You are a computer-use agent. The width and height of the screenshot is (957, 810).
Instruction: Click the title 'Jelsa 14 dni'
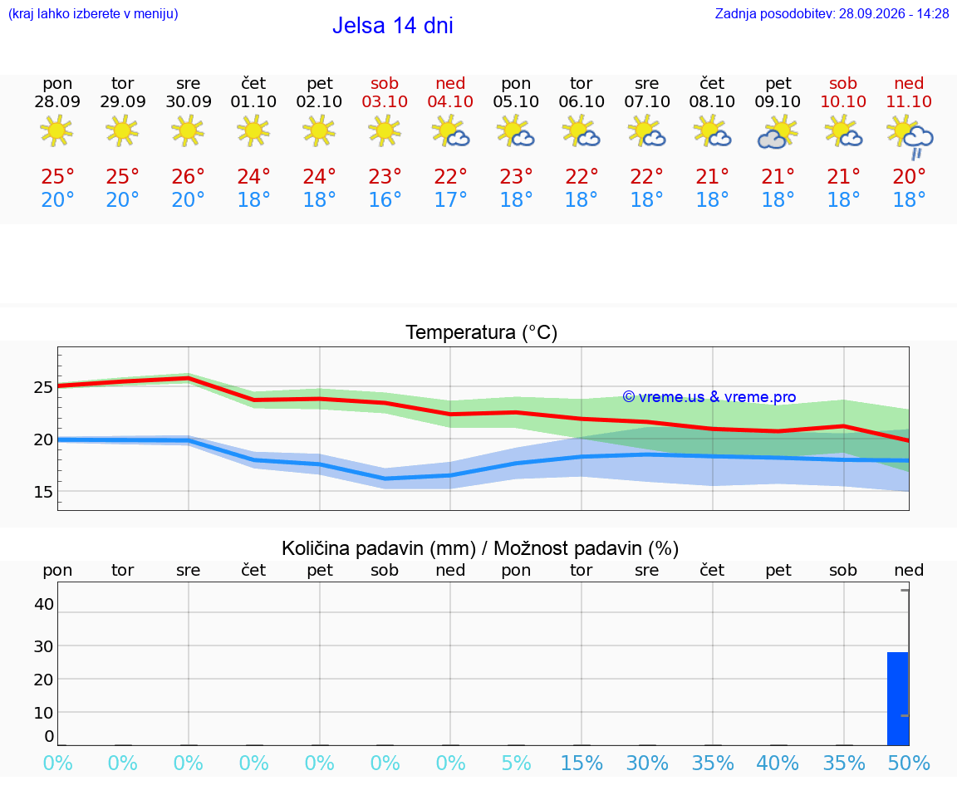[x=392, y=26]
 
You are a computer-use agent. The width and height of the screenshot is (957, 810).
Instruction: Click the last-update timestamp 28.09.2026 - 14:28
[x=894, y=13]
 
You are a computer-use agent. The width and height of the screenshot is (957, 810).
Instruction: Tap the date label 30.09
[x=188, y=101]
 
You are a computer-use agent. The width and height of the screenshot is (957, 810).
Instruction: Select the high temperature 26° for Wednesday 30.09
[x=188, y=176]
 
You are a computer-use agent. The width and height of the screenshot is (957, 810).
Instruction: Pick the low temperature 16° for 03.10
[x=385, y=199]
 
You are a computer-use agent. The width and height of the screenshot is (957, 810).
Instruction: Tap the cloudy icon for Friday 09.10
[x=778, y=133]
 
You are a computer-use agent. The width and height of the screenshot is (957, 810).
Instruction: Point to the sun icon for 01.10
[x=253, y=130]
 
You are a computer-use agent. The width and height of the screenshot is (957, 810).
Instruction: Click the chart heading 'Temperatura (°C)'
[x=482, y=332]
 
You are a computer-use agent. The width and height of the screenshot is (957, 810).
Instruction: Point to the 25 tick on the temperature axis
[x=43, y=387]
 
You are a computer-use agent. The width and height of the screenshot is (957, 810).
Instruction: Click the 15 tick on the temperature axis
[x=43, y=491]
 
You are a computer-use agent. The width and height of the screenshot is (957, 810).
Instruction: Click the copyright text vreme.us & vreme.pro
[x=709, y=397]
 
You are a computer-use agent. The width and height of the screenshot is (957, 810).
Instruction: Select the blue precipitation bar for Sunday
[x=898, y=699]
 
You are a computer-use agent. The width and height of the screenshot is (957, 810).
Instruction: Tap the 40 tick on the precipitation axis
[x=43, y=604]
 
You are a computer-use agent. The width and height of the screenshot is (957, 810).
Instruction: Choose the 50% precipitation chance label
[x=909, y=763]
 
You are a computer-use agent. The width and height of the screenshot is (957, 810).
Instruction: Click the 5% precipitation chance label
[x=517, y=763]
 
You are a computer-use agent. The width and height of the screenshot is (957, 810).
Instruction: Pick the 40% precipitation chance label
[x=778, y=763]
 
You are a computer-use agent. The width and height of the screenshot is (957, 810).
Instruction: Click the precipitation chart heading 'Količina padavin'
[x=379, y=548]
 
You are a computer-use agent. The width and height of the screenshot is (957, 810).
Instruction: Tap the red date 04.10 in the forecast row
[x=450, y=101]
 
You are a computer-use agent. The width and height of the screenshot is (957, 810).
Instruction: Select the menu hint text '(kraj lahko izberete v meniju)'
[x=93, y=13]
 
